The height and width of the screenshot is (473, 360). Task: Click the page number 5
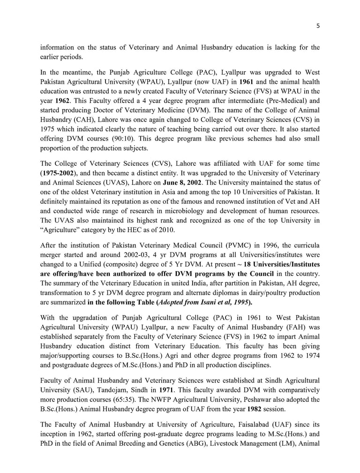point(318,26)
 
